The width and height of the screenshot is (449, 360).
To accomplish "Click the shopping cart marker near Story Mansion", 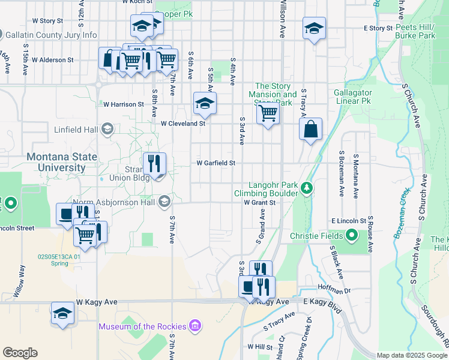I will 268,113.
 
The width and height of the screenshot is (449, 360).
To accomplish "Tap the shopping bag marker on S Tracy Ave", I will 310,129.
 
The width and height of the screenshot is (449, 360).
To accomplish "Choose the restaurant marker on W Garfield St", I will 154,163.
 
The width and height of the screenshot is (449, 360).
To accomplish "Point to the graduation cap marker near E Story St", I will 314,28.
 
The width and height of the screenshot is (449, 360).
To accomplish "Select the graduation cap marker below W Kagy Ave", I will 62,313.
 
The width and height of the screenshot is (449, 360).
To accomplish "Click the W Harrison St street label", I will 122,104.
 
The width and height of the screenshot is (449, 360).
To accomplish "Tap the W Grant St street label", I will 259,203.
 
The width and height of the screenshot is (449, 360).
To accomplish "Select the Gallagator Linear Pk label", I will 354,98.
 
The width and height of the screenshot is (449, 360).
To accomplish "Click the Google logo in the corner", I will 20,353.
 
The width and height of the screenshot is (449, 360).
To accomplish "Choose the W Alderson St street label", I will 52,60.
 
